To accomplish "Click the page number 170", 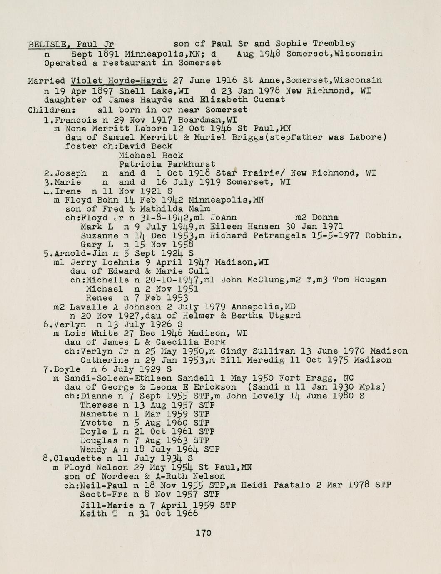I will (x=204, y=533).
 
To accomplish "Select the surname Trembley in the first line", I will (x=334, y=43).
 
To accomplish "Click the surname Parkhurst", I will (x=191, y=164).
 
